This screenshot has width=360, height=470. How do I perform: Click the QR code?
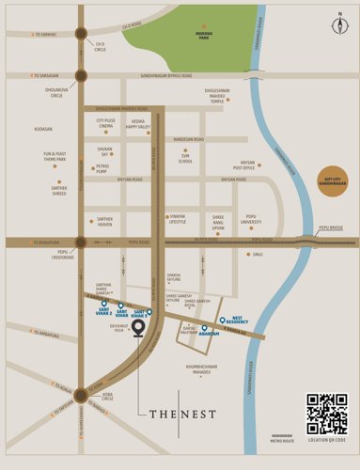pyautogui.click(x=326, y=413)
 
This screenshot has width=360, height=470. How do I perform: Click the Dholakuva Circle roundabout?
pyautogui.click(x=81, y=75)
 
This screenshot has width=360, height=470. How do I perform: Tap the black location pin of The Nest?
pyautogui.click(x=139, y=328)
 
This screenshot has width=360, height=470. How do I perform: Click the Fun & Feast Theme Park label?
pyautogui.click(x=55, y=156)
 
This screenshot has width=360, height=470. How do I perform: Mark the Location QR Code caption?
pyautogui.click(x=326, y=439)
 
